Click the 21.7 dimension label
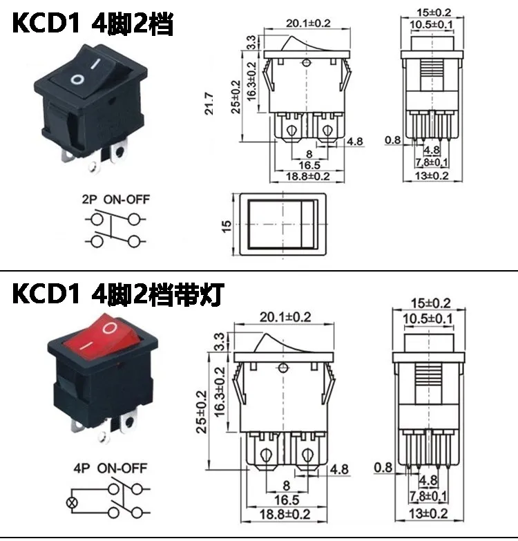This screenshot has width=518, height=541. pyautogui.click(x=209, y=104)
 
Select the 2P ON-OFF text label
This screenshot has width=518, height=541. pyautogui.click(x=116, y=200)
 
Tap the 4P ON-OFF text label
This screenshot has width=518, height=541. pyautogui.click(x=111, y=468)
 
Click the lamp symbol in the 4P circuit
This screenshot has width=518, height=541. pyautogui.click(x=72, y=502)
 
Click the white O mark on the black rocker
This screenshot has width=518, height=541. pyautogui.click(x=77, y=80)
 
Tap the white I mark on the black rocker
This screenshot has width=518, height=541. pyautogui.click(x=95, y=64)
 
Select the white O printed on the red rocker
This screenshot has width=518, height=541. pyautogui.click(x=110, y=328)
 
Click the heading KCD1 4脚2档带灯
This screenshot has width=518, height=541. pyautogui.click(x=118, y=294)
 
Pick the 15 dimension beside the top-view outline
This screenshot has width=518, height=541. pyautogui.click(x=227, y=226)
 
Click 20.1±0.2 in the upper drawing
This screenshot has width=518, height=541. pyautogui.click(x=308, y=23)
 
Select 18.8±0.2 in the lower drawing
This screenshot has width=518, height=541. pyautogui.click(x=285, y=514)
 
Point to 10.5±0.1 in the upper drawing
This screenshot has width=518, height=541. pyautogui.click(x=431, y=25)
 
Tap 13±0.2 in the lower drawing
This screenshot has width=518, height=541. pyautogui.click(x=428, y=514)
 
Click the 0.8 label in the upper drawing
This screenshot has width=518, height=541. pyautogui.click(x=393, y=140)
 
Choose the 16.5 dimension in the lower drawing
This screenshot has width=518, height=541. pyautogui.click(x=286, y=500)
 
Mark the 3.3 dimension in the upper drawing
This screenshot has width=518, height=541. pyautogui.click(x=252, y=42)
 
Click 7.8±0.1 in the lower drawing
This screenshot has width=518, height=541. pyautogui.click(x=428, y=496)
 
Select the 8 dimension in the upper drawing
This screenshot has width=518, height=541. pyautogui.click(x=309, y=154)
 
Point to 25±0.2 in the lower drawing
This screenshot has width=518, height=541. pyautogui.click(x=202, y=412)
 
